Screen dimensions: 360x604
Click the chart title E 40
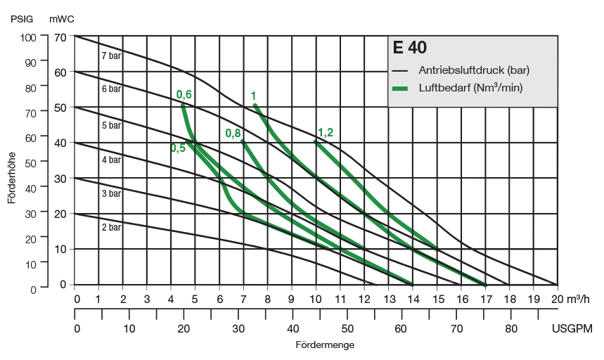point(410,49)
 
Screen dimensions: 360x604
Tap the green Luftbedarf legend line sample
point(400,88)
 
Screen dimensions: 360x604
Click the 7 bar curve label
point(111,56)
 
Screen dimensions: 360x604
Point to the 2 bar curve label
point(111,227)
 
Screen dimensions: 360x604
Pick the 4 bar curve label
point(111,160)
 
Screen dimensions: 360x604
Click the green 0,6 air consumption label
point(184,94)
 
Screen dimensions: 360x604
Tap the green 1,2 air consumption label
point(325,131)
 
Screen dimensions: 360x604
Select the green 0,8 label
point(233,134)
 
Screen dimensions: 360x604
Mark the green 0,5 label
point(178,147)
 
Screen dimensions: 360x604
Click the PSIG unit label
point(22,19)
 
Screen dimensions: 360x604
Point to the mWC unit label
point(62,19)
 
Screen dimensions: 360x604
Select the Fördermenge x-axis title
point(325,345)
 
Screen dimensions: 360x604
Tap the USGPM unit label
point(572,329)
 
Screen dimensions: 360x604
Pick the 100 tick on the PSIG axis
point(27,37)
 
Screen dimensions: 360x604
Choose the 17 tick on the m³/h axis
point(485,298)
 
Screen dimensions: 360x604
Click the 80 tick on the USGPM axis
point(510,329)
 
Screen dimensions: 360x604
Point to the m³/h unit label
point(579,298)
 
